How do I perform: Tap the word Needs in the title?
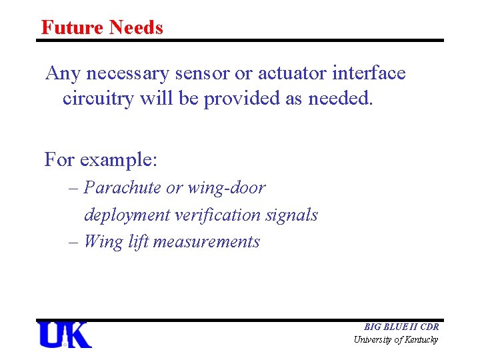136,27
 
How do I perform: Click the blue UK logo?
65,335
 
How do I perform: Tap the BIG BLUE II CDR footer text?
401,327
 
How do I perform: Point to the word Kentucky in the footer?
422,340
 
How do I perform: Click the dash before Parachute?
73,189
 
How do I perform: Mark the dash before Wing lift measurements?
73,242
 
